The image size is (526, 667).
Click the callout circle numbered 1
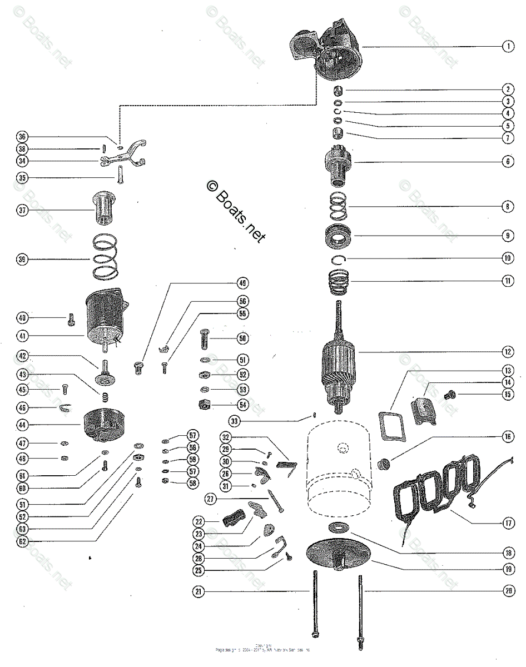pyautogui.click(x=508, y=47)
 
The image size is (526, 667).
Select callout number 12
pyautogui.click(x=508, y=351)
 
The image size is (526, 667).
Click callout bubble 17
pyautogui.click(x=508, y=522)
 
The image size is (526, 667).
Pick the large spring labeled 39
pyautogui.click(x=105, y=258)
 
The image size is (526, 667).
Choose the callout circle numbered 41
pyautogui.click(x=22, y=336)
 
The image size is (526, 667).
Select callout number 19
pyautogui.click(x=508, y=569)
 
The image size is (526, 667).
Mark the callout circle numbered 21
pyautogui.click(x=198, y=592)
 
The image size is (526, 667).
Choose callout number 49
pyautogui.click(x=243, y=282)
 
